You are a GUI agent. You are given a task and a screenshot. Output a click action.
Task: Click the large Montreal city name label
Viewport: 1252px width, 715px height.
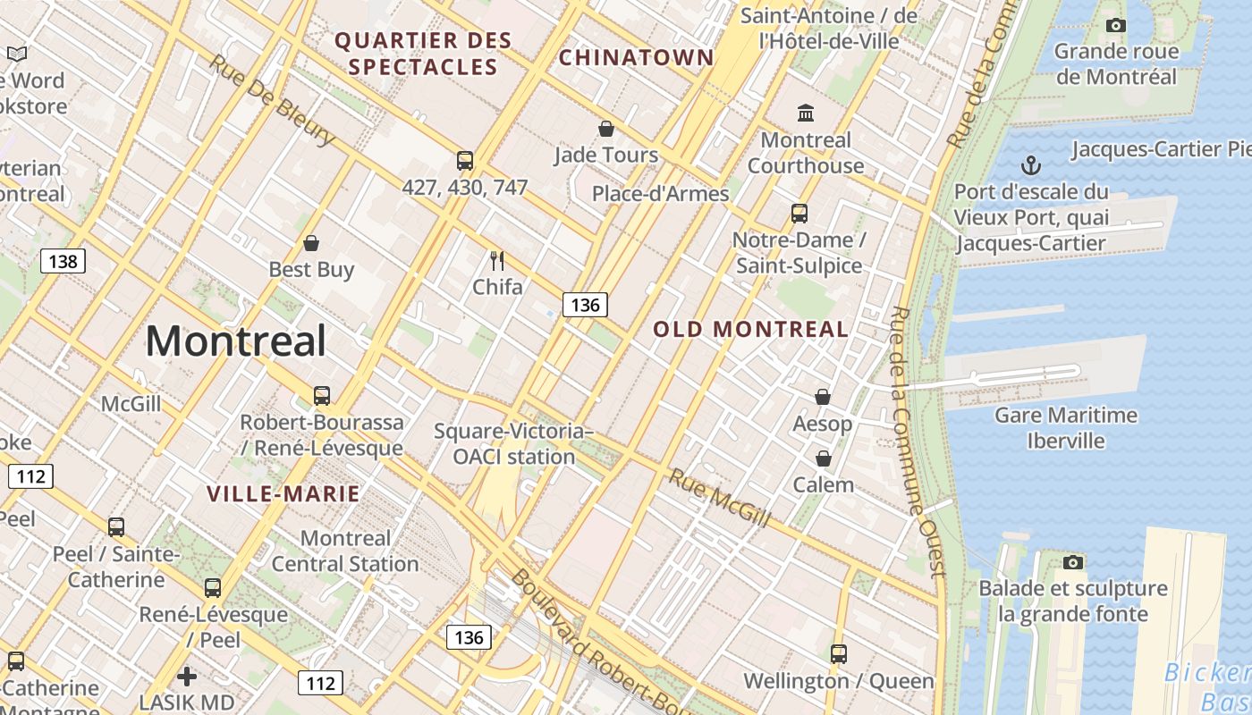point(236,341)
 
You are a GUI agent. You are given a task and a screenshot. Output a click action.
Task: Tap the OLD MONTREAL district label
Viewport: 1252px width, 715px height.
point(750,329)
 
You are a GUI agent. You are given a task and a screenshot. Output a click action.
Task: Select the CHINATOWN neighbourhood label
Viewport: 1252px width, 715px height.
point(636,58)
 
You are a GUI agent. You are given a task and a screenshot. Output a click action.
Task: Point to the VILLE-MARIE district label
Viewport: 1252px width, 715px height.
point(283,493)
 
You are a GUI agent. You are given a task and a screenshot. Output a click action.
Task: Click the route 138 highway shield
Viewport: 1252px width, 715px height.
point(63,261)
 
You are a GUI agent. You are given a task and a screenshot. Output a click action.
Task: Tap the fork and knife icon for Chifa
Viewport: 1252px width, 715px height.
point(497,261)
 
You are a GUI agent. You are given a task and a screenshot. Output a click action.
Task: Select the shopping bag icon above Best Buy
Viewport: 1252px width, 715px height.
point(311,243)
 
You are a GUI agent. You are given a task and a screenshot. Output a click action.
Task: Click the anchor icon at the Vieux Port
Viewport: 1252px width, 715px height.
point(1031,165)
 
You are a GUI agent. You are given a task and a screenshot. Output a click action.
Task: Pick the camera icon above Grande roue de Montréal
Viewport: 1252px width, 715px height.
point(1115,25)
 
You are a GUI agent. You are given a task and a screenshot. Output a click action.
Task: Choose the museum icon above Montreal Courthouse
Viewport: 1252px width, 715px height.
point(806,113)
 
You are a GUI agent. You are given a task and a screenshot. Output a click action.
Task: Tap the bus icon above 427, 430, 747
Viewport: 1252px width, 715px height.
point(465,161)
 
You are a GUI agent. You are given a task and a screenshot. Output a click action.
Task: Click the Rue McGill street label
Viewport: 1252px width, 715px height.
point(719,498)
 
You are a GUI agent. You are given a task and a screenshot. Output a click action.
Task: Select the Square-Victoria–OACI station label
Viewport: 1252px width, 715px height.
point(513,444)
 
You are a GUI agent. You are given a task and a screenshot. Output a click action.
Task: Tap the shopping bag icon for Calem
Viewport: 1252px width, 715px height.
point(823,458)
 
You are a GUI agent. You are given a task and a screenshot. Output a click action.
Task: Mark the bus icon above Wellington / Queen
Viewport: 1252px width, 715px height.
point(838,653)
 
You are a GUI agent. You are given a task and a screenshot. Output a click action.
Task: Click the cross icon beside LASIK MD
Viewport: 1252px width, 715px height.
point(186,676)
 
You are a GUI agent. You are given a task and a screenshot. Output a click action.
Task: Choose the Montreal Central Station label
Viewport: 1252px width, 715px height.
point(345,551)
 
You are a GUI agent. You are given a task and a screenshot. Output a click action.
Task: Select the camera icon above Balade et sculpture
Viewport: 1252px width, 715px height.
point(1073,562)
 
